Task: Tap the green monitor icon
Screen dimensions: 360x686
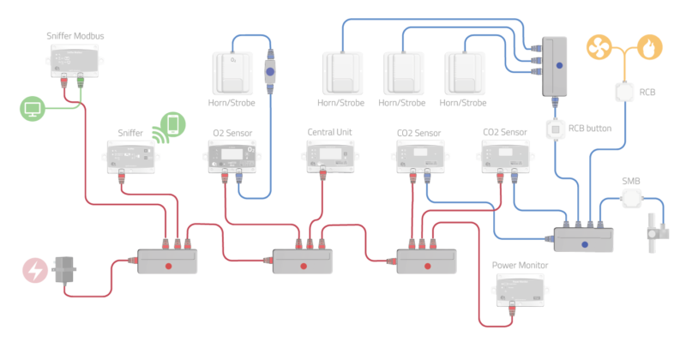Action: tap(32, 109)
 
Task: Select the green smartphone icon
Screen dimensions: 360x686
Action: tap(174, 124)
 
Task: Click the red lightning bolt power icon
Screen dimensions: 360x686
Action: tap(35, 271)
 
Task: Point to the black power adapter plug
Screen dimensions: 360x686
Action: tap(64, 269)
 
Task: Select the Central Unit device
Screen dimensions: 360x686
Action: tap(330, 156)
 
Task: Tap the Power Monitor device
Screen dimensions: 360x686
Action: tap(519, 291)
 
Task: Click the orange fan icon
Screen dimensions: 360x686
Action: tap(599, 46)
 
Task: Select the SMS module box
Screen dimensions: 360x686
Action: tap(632, 198)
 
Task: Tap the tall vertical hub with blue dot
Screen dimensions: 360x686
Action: tap(558, 66)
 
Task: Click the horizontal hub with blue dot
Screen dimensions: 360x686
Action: tap(583, 239)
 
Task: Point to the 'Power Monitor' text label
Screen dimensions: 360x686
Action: tap(519, 266)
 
